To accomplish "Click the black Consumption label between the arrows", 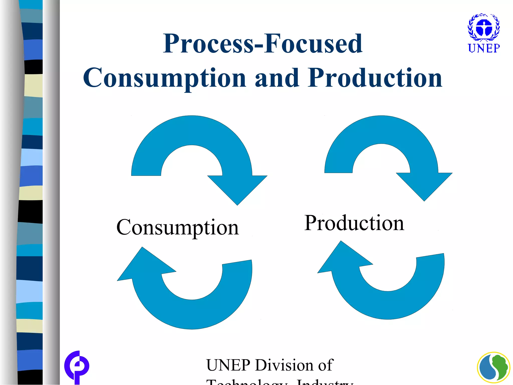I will tap(178, 227).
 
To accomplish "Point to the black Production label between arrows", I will tap(354, 223).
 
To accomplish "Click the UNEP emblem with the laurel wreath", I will tap(484, 27).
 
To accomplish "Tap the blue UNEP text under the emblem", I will tap(484, 48).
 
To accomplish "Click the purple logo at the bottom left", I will tap(77, 366).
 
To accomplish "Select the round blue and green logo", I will tap(493, 368).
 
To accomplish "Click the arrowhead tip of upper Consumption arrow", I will tap(237, 204).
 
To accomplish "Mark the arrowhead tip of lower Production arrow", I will tap(341, 242).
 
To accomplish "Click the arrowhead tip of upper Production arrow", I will tap(424, 200).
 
